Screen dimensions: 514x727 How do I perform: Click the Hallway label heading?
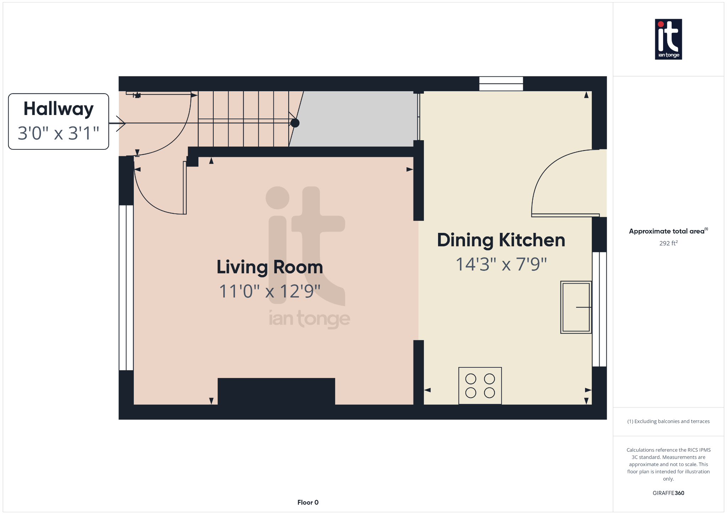(59, 109)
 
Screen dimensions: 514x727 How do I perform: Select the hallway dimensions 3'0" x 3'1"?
(59, 133)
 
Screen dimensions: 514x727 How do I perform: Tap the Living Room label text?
(270, 267)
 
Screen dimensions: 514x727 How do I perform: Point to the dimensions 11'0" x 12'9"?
(270, 291)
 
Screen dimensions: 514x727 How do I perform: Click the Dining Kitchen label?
(501, 240)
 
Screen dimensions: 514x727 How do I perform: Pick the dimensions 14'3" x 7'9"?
(501, 264)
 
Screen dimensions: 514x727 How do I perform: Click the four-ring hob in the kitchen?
(480, 386)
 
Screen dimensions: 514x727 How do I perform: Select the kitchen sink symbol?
(576, 307)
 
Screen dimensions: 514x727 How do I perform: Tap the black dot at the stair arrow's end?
(295, 123)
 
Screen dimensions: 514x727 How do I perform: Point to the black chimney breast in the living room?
(276, 391)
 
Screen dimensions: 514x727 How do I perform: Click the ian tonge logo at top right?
(668, 39)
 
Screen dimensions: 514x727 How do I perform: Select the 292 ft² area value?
(668, 243)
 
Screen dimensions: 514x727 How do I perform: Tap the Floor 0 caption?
(308, 502)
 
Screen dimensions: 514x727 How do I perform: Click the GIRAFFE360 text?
(668, 493)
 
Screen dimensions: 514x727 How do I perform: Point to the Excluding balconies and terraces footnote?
(668, 421)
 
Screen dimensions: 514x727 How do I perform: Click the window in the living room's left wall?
(126, 288)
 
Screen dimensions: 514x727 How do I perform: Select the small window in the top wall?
(501, 84)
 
